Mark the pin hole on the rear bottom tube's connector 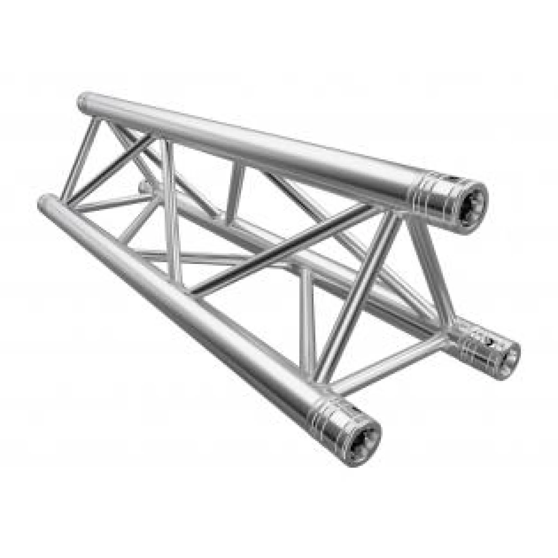click(x=491, y=342)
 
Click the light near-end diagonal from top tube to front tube click(x=356, y=301)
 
